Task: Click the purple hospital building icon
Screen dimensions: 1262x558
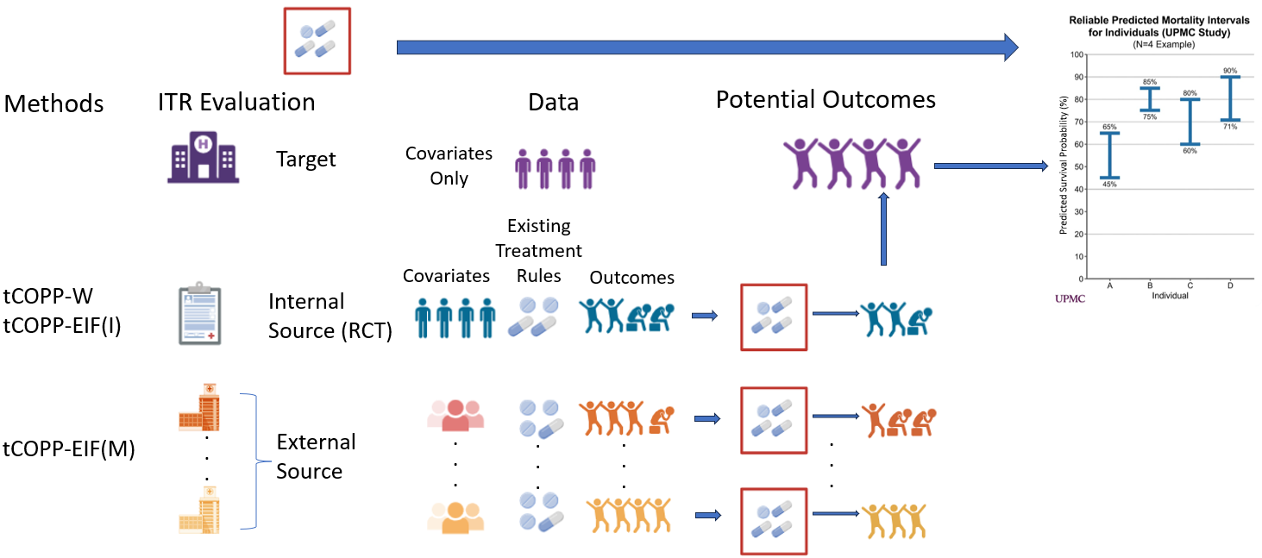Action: point(203,157)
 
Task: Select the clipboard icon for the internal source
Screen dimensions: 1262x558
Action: point(200,313)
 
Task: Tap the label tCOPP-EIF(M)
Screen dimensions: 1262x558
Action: point(69,448)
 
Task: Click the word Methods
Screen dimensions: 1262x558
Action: point(53,103)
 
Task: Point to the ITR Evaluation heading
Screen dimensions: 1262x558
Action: point(236,102)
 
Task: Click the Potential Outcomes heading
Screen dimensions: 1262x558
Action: point(826,99)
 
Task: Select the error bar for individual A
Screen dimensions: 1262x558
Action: point(1109,155)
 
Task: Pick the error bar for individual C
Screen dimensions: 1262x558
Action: point(1190,122)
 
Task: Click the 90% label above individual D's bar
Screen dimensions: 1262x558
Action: point(1230,71)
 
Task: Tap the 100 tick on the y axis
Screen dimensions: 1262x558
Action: point(1077,54)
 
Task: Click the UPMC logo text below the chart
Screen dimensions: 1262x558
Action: point(1070,298)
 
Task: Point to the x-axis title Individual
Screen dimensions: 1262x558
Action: point(1170,296)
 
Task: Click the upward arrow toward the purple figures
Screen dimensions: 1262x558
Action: point(883,229)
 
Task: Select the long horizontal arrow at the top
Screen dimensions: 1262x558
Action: point(707,47)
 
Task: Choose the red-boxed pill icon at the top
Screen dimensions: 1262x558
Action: point(317,41)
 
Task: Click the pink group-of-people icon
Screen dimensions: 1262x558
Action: point(455,415)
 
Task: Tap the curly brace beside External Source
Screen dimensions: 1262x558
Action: point(256,461)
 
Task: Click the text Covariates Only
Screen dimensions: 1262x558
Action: point(449,166)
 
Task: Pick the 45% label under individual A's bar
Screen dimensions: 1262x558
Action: point(1109,184)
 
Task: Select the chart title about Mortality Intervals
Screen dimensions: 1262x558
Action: point(1158,27)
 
